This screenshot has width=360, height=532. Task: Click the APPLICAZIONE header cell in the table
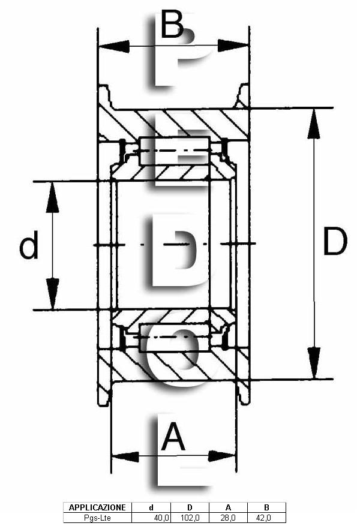pos(97,507)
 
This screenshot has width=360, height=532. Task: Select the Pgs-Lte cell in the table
pos(97,518)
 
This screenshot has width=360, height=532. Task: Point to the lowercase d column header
pos(151,507)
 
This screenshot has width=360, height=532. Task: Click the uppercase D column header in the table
pos(190,507)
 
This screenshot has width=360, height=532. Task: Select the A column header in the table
pos(228,507)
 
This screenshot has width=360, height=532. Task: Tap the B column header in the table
pos(266,507)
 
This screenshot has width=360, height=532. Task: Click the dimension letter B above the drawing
pos(172,25)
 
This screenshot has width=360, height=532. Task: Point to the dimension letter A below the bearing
pos(173,437)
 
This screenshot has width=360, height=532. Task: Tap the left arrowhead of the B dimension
pos(113,46)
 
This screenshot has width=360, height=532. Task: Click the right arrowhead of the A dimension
pos(222,456)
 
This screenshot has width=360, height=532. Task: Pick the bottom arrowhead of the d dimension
pos(53,294)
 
